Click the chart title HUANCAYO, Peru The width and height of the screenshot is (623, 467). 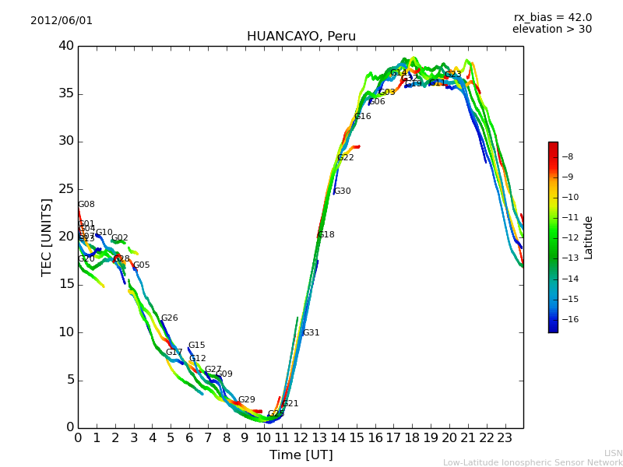point(301,37)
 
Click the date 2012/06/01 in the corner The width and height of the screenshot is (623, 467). point(62,21)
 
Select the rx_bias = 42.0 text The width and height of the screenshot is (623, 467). point(552,18)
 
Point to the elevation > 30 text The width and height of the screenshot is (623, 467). point(551,30)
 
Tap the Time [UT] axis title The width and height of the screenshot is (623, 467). point(301,455)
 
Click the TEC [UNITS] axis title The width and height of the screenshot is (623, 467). point(47,237)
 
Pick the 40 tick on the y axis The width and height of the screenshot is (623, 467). point(66,46)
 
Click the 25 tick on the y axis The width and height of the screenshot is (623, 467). point(66,189)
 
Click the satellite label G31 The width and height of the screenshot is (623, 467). point(311,333)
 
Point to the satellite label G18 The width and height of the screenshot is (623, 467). point(326,235)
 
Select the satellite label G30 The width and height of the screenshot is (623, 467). point(342,191)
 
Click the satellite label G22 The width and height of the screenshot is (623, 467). point(345,158)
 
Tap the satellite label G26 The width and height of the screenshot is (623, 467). point(169,318)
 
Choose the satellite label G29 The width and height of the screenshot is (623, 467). point(246,400)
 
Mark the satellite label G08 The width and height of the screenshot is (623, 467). point(86,205)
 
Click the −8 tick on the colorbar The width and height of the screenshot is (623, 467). point(568,156)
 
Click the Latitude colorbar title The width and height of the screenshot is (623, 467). point(589,237)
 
